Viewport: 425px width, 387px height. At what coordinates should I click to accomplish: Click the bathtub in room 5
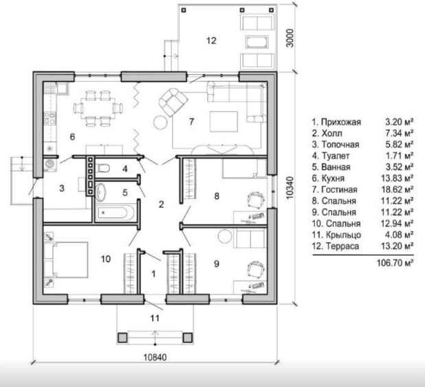115,212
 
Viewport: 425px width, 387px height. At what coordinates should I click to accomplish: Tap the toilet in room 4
103,168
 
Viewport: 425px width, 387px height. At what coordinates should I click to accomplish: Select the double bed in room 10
66,259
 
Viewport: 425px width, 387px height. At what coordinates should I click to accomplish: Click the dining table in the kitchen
98,108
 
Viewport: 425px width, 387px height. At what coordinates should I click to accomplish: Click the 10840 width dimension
155,357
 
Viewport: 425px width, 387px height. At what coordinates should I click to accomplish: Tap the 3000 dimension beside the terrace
290,38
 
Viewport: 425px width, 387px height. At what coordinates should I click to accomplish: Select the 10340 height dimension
290,188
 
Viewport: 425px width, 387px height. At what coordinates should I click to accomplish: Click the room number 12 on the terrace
211,40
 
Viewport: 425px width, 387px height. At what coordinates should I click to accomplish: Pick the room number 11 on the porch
154,318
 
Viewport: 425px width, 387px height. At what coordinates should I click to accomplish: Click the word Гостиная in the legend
339,189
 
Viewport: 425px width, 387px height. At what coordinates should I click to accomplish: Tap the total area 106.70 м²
395,263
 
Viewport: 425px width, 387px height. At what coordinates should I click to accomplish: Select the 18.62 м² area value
398,189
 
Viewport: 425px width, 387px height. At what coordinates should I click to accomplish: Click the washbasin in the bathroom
101,192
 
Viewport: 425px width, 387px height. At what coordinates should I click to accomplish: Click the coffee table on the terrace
257,42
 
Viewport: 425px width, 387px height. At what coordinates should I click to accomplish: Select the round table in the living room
160,122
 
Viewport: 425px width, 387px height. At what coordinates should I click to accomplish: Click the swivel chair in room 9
255,269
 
